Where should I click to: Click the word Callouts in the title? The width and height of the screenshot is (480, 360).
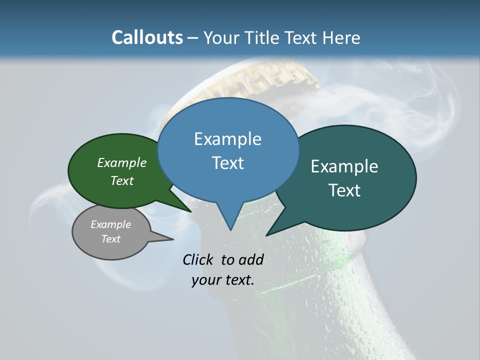147,37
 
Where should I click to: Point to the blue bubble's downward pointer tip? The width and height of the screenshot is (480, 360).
230,230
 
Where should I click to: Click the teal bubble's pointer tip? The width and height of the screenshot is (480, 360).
266,235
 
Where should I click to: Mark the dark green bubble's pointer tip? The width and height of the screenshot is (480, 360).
191,211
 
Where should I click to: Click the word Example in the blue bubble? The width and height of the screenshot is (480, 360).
227,139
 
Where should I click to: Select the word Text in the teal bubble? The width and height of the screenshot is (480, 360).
344,190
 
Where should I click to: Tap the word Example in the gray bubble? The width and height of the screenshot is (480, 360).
110,224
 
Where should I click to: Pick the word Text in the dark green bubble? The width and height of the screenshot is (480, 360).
122,181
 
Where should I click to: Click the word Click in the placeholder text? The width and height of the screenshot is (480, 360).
199,259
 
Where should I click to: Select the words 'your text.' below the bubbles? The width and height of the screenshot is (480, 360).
223,280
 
